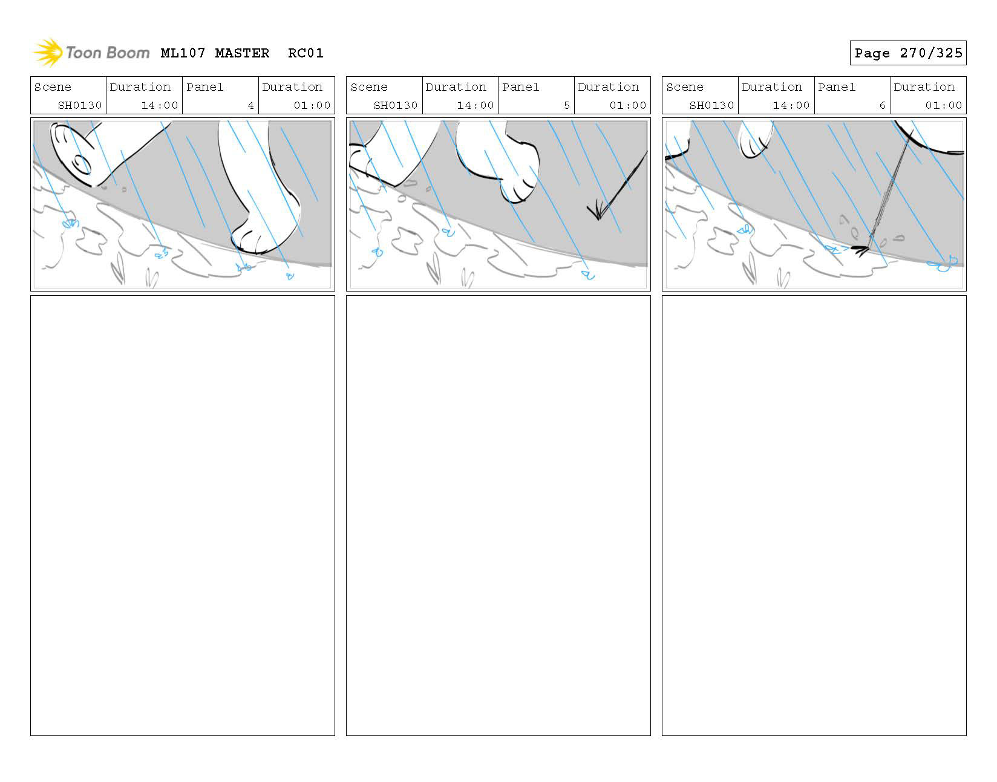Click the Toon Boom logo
point(91,53)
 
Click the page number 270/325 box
point(907,53)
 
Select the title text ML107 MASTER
point(215,53)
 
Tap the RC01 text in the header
point(306,53)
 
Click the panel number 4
point(250,105)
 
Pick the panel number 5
point(566,105)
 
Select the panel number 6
point(883,105)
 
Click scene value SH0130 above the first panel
point(80,105)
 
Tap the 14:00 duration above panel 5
point(475,105)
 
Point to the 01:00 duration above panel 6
point(943,105)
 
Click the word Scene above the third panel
point(685,87)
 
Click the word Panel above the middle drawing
point(520,87)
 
